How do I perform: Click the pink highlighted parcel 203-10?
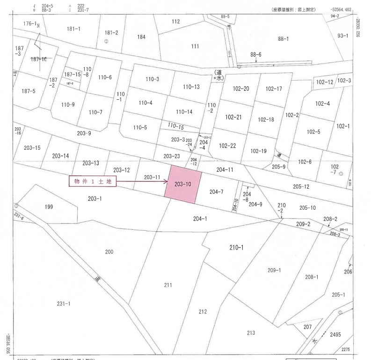(x=183, y=184)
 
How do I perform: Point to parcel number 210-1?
(x=236, y=247)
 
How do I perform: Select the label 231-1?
(x=63, y=304)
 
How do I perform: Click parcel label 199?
(x=49, y=206)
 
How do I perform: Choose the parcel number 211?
(x=168, y=285)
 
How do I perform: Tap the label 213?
(x=251, y=333)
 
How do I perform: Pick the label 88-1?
(x=284, y=39)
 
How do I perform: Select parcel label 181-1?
(x=73, y=29)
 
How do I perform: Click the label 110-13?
(x=191, y=87)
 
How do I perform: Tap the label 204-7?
(x=216, y=191)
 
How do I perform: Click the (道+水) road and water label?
(x=218, y=75)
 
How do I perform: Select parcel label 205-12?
(x=301, y=186)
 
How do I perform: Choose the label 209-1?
(x=274, y=270)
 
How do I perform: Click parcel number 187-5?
(x=29, y=91)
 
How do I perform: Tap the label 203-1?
(x=95, y=198)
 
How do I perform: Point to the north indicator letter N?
(x=38, y=26)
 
